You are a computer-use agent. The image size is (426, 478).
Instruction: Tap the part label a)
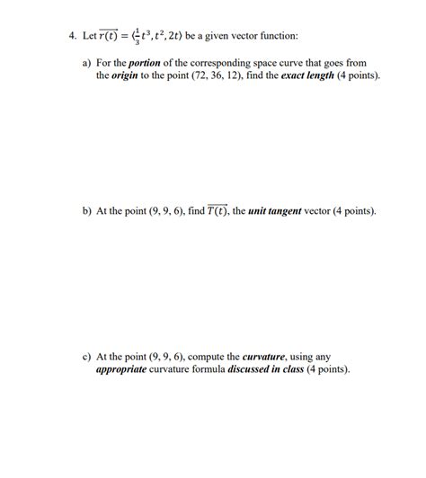[x=86, y=65]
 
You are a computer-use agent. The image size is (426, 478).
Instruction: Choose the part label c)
[x=86, y=356]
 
